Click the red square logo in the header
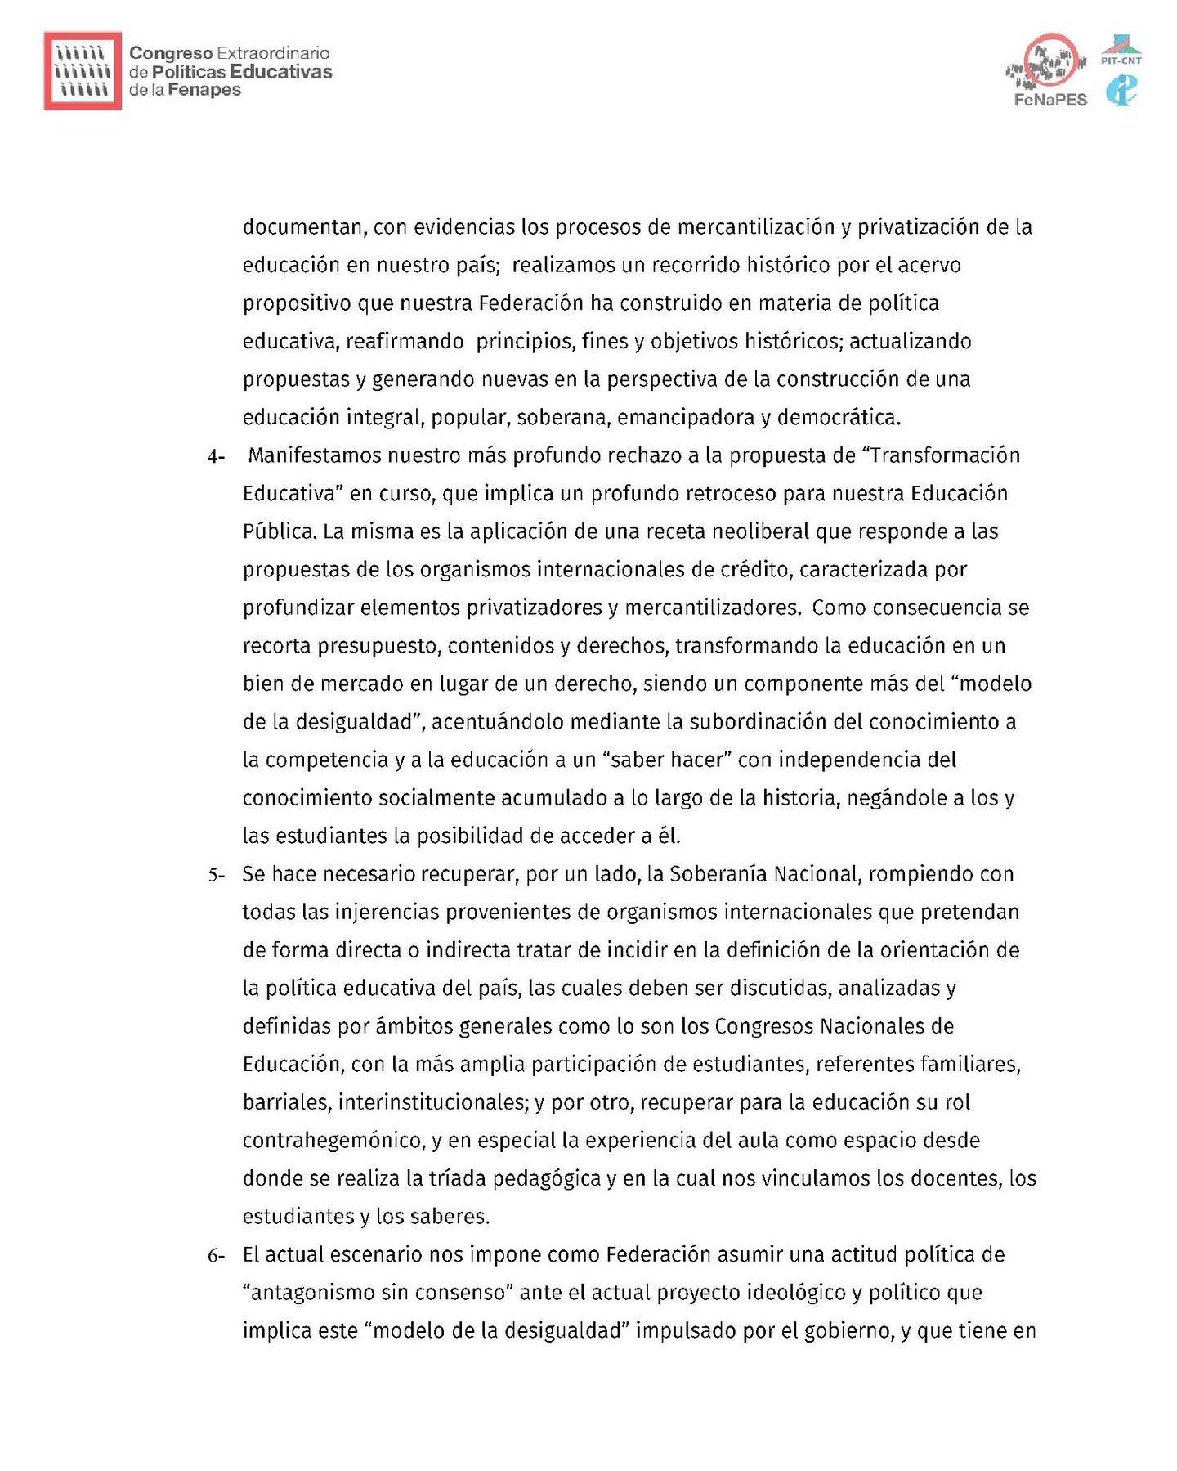83,71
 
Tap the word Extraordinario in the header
273,53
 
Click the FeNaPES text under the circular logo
1050,100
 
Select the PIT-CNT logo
1121,51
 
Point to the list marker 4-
216,456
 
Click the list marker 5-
216,875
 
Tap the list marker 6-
216,1255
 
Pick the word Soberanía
718,874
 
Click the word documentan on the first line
302,227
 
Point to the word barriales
286,1102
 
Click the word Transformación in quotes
946,455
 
